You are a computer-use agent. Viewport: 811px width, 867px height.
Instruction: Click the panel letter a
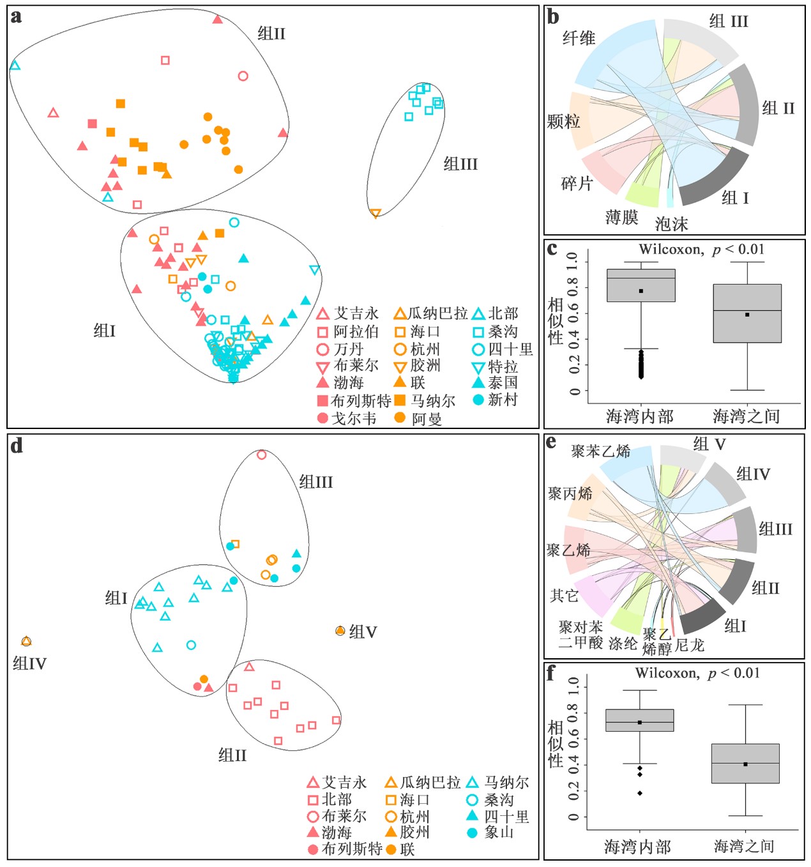pyautogui.click(x=16, y=17)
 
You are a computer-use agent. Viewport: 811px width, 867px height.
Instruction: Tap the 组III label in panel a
pyautogui.click(x=460, y=164)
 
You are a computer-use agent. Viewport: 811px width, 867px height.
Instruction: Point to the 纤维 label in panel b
pyautogui.click(x=579, y=38)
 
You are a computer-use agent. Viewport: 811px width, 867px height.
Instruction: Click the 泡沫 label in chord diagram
pyautogui.click(x=671, y=224)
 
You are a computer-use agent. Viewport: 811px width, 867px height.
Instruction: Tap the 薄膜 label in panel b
pyautogui.click(x=621, y=218)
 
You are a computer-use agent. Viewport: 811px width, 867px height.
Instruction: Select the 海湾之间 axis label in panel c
pyautogui.click(x=746, y=417)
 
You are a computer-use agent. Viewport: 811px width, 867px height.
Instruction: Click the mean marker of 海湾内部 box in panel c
pyautogui.click(x=640, y=291)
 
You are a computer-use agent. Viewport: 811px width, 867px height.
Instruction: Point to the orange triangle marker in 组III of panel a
pyautogui.click(x=375, y=213)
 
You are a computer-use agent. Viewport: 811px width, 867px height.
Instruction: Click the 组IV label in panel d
pyautogui.click(x=29, y=664)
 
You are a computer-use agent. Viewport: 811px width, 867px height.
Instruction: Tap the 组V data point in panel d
pyautogui.click(x=340, y=631)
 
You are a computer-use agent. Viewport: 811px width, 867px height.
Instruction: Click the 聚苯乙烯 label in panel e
pyautogui.click(x=600, y=451)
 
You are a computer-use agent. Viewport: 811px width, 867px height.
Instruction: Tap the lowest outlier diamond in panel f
pyautogui.click(x=639, y=794)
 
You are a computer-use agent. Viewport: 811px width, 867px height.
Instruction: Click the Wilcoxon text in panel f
pyautogui.click(x=667, y=673)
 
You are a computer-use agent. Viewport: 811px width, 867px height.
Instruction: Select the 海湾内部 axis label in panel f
pyautogui.click(x=637, y=847)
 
